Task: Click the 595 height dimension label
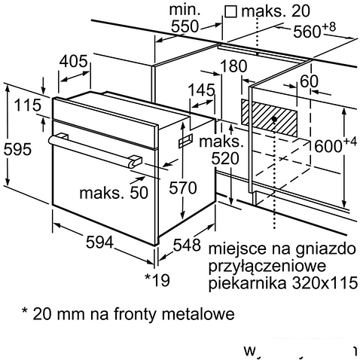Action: (x=17, y=149)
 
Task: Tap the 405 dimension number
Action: (x=74, y=61)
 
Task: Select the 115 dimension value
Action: (x=26, y=106)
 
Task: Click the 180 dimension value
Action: (x=235, y=66)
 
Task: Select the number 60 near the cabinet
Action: (x=309, y=81)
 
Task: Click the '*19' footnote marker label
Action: (x=157, y=281)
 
